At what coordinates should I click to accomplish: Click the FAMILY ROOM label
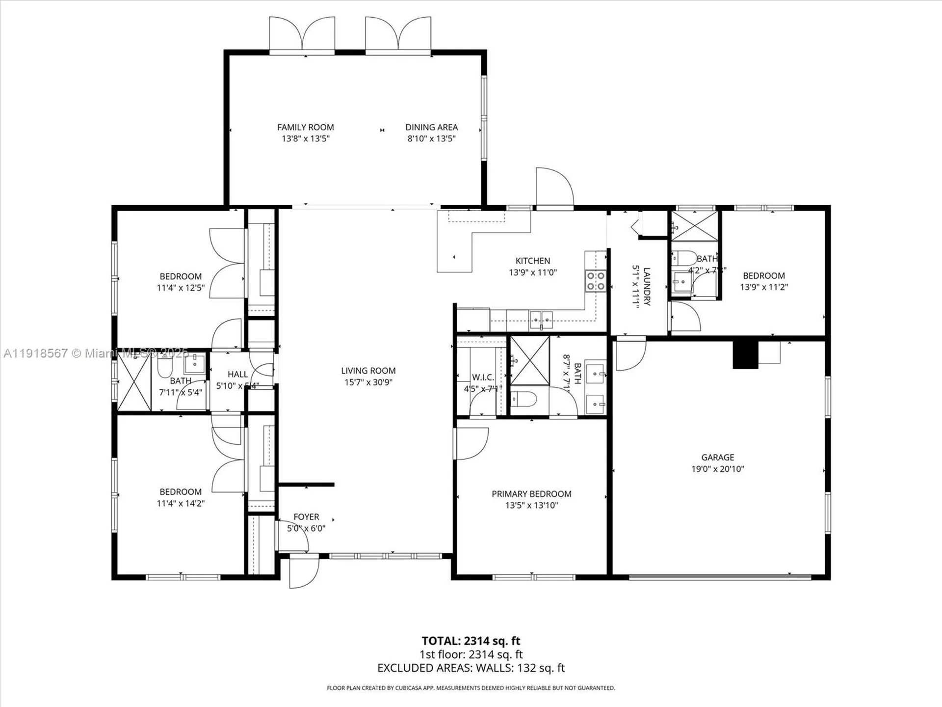305,127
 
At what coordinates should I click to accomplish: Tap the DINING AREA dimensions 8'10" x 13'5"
431,138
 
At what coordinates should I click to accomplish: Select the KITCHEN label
532,261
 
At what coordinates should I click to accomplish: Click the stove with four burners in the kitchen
595,281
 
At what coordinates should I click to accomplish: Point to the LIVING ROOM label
368,371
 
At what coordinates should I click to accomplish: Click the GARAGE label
717,457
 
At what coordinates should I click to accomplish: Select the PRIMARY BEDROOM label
531,494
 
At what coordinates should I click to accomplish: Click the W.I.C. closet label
483,377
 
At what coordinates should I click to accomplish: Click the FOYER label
306,517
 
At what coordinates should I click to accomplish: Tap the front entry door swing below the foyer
303,572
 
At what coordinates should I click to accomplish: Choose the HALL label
237,374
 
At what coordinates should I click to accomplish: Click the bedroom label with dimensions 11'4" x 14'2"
181,491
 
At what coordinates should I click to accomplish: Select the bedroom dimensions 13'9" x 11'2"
763,287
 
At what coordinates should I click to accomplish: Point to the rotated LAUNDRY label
647,287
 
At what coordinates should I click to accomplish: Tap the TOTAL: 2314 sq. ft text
471,641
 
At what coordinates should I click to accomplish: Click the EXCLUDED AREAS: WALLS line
471,668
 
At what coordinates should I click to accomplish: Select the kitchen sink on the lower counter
541,320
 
